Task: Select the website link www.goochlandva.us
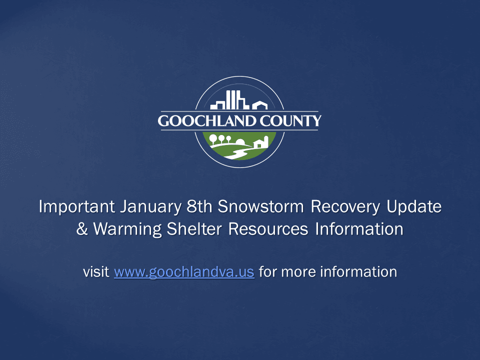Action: coord(184,272)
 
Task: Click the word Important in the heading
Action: coord(77,206)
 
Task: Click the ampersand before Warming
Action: coord(82,229)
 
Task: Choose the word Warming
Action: coord(134,229)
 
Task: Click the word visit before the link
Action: coord(96,272)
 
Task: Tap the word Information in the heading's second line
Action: coord(359,229)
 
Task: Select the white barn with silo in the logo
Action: coord(261,142)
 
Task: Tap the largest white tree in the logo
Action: coord(213,138)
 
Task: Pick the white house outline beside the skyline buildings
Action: coord(259,105)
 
